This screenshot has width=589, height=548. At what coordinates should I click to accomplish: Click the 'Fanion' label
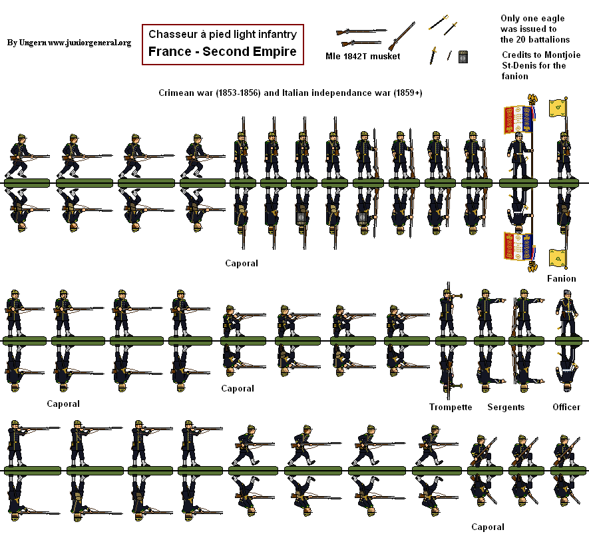point(561,278)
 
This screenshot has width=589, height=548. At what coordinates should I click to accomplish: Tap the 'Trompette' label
point(451,407)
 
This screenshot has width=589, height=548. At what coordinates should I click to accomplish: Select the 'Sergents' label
point(506,407)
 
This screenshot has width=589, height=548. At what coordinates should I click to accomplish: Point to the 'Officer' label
point(566,407)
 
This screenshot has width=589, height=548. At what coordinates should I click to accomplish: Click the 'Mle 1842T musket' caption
point(363,57)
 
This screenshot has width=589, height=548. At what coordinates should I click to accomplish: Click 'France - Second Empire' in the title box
point(222,52)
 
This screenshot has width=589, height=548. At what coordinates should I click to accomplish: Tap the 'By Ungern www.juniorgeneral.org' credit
point(69,43)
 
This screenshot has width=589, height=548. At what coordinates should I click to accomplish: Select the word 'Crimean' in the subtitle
point(177,93)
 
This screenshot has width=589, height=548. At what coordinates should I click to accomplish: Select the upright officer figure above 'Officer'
point(566,313)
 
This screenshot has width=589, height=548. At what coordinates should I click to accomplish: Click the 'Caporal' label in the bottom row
point(488,527)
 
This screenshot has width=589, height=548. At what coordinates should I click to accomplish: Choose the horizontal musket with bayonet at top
point(361,31)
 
